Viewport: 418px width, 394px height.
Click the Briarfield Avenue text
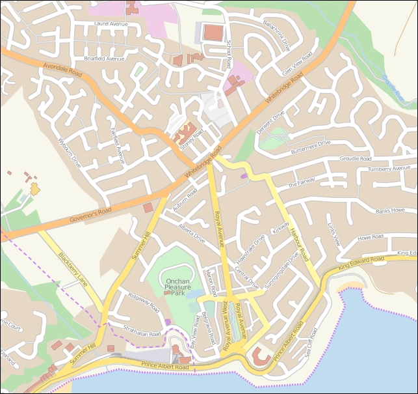point(103,59)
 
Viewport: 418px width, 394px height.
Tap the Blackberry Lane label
point(73,269)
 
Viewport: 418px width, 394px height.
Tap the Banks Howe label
point(390,211)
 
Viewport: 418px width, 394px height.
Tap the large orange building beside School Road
point(213,32)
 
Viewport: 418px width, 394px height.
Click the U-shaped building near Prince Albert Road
point(261,357)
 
